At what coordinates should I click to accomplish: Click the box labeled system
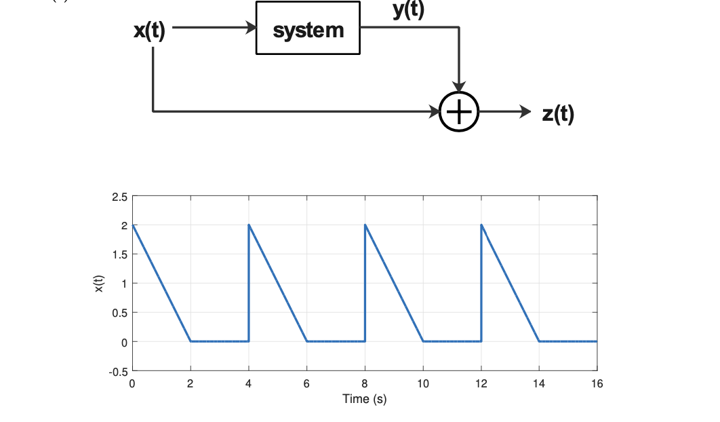(x=308, y=28)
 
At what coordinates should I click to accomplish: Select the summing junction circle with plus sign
(x=459, y=111)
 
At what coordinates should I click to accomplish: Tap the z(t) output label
(x=557, y=113)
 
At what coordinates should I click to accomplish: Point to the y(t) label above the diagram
(x=408, y=9)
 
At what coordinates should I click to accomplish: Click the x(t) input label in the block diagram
(x=149, y=31)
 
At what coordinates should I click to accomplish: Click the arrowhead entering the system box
(x=251, y=28)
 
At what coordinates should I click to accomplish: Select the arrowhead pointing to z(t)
(x=525, y=111)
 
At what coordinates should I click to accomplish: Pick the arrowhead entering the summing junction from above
(x=459, y=86)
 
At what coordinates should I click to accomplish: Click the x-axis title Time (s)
(x=365, y=399)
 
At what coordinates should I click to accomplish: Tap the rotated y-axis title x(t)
(x=99, y=284)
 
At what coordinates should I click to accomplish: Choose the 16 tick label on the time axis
(x=597, y=384)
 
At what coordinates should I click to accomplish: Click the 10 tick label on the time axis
(x=422, y=384)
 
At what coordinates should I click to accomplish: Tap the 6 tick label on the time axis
(x=306, y=384)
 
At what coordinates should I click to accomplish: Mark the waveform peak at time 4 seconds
(x=249, y=225)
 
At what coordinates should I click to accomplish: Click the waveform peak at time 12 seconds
(x=481, y=225)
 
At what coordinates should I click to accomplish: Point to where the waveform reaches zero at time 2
(x=191, y=341)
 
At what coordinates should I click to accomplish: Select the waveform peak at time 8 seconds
(x=365, y=225)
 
